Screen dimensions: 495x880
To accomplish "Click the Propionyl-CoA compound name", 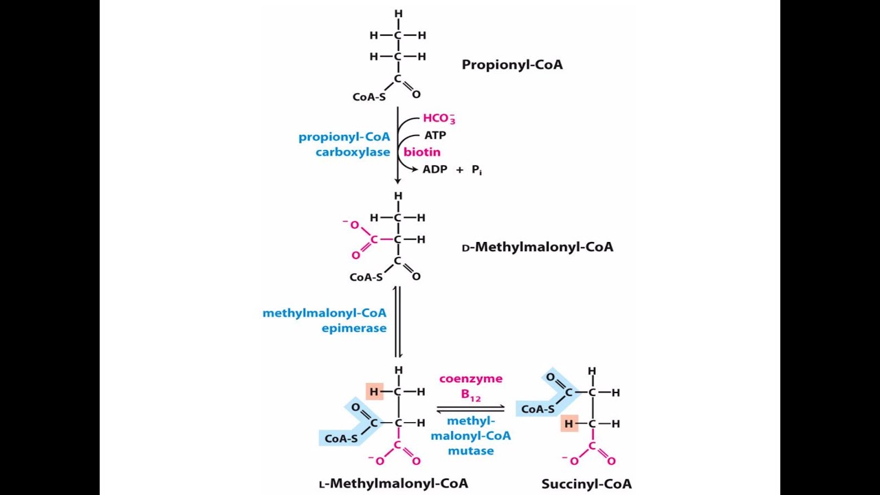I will (512, 65).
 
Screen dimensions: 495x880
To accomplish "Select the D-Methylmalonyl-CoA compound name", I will (538, 247).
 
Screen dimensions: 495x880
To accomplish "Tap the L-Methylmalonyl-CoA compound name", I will (393, 483).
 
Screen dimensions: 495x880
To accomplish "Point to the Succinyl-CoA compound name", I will (586, 484).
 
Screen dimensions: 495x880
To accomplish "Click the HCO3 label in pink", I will (439, 118).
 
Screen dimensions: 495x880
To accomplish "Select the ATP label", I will (435, 135).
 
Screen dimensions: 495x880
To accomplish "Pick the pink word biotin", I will (422, 152).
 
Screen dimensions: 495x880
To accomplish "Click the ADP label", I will (434, 169).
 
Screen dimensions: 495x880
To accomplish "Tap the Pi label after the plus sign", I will (476, 170).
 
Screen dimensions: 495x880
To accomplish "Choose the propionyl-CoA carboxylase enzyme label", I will (344, 144).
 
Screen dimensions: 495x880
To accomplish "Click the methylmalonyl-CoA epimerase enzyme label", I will (324, 320).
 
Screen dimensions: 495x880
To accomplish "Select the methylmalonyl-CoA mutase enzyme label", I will (471, 436).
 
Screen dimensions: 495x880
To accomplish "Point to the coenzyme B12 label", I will (471, 386).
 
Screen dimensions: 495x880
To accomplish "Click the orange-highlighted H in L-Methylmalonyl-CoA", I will (374, 392).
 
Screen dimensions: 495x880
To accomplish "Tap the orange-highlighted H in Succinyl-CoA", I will (569, 424).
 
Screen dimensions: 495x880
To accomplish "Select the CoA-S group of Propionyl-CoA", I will (369, 97).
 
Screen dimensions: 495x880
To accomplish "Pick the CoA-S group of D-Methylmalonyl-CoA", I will (366, 277).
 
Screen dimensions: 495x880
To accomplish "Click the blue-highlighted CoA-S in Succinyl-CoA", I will (538, 409).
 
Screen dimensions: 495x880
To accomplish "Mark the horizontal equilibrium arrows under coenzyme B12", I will (470, 409).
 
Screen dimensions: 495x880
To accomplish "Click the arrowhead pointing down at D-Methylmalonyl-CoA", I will (397, 180).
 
